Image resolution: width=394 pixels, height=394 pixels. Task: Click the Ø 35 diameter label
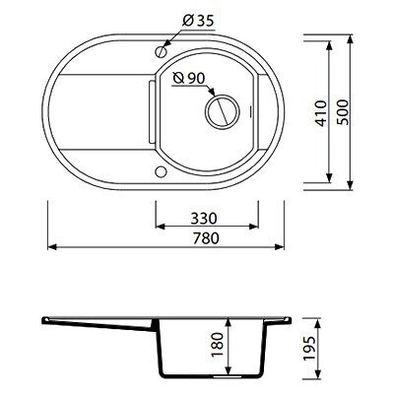tap(198, 21)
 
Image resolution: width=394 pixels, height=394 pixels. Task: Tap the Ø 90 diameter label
tap(189, 78)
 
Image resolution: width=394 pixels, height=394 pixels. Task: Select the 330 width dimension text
tap(204, 218)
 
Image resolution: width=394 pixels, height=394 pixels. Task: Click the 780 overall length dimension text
tap(206, 238)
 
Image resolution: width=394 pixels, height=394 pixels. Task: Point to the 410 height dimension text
tap(321, 113)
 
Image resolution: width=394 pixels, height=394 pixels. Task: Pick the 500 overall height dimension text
tap(344, 112)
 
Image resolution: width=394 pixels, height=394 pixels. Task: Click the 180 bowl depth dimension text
tap(218, 346)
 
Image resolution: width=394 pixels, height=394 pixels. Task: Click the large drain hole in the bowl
tap(223, 111)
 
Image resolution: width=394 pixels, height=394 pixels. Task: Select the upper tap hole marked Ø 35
tap(161, 51)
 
